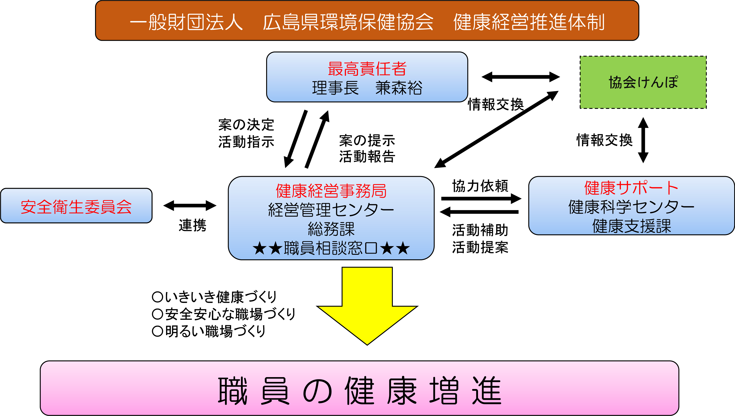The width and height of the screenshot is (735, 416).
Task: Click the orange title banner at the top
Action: (367, 21)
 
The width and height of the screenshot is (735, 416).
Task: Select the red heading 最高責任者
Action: (367, 69)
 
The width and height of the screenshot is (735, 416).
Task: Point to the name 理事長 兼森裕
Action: (367, 88)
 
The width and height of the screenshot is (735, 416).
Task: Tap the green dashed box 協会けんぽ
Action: (643, 82)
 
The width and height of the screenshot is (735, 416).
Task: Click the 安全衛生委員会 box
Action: (77, 206)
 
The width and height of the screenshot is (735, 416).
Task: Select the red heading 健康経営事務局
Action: (331, 191)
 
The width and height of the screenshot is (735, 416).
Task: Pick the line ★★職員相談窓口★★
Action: (331, 248)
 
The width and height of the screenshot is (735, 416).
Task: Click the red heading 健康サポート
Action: (631, 188)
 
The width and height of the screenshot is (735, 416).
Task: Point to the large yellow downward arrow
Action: (367, 306)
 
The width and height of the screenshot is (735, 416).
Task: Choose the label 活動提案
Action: (480, 247)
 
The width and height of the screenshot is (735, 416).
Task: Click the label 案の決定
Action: (246, 125)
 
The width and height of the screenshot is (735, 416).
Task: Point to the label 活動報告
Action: (367, 157)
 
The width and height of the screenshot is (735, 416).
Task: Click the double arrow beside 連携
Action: (190, 205)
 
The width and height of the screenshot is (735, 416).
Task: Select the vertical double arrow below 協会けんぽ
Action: (643, 140)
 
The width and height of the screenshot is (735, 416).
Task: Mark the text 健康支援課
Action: (631, 226)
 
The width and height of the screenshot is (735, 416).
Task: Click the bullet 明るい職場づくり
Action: (209, 331)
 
